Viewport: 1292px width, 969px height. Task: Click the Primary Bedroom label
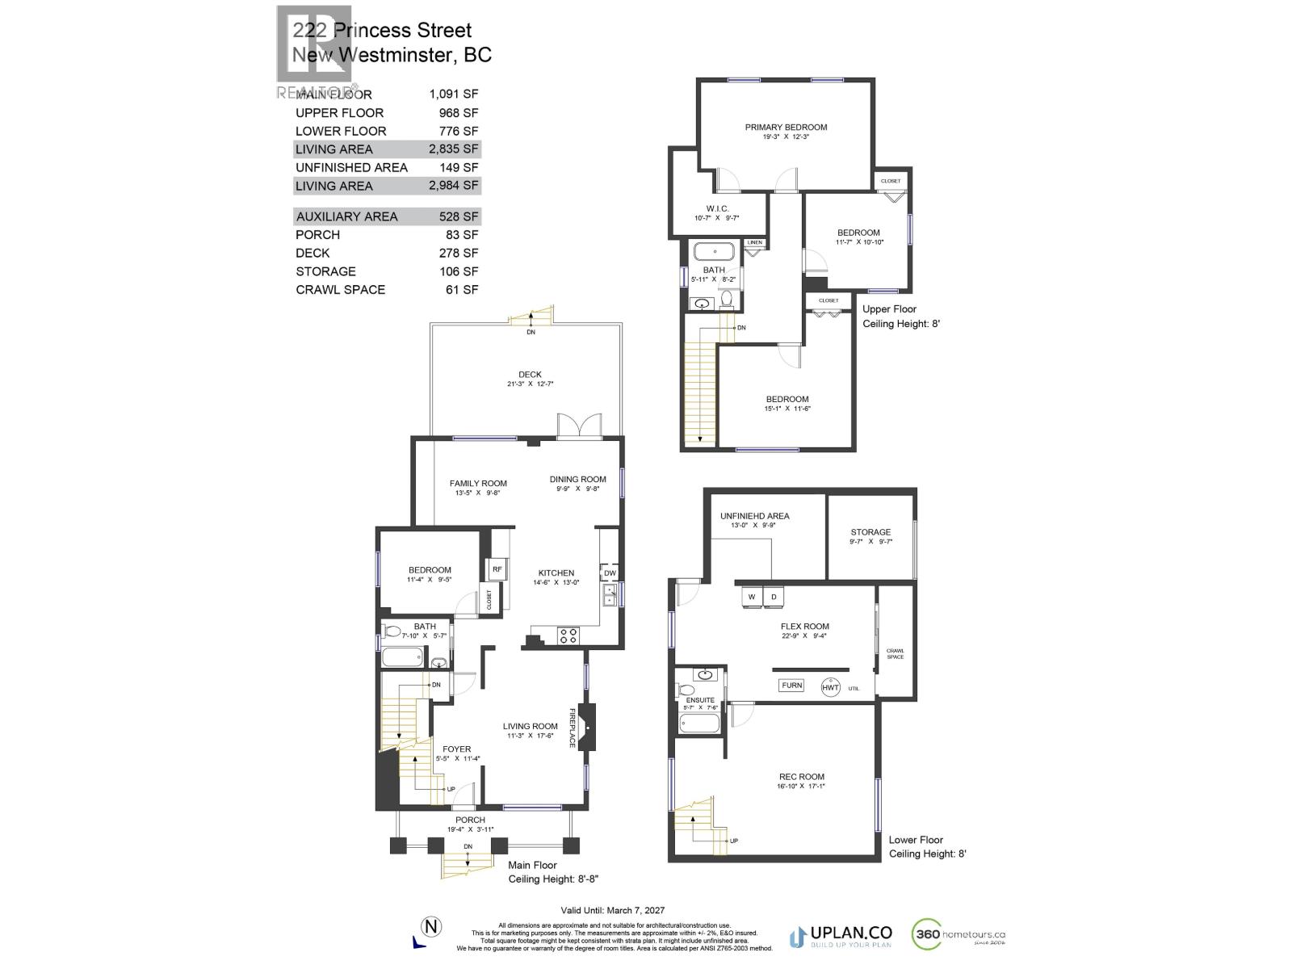(x=786, y=128)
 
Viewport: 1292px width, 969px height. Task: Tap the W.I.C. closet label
(x=717, y=209)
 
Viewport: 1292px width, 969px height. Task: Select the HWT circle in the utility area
(x=831, y=687)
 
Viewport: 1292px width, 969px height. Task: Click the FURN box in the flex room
(x=791, y=686)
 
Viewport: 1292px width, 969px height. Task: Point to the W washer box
(x=752, y=597)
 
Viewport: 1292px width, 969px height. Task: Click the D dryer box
(x=774, y=597)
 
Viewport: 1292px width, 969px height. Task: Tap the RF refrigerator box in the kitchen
(x=497, y=569)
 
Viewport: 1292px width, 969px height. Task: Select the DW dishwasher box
(x=610, y=573)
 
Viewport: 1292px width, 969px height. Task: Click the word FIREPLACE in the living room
(x=573, y=728)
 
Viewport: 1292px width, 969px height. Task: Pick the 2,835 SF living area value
(x=454, y=149)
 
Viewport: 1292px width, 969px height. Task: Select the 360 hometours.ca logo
(x=959, y=935)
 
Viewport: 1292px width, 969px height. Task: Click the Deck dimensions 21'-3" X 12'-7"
(x=530, y=384)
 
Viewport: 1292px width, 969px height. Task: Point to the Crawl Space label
(x=895, y=653)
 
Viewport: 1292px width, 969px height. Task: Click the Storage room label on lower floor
(x=870, y=532)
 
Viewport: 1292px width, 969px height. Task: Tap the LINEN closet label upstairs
(x=755, y=242)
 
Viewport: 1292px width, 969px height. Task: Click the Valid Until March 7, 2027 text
(x=613, y=910)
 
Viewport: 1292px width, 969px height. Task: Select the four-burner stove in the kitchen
(x=568, y=636)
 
